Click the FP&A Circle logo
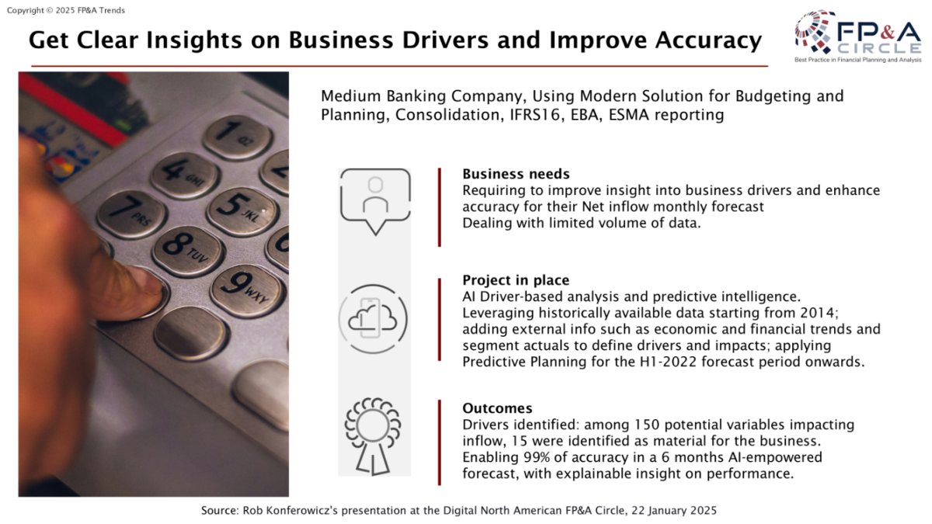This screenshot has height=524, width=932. coord(858,36)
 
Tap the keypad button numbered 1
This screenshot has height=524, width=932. coord(237,137)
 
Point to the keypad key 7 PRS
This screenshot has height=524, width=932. coord(132,213)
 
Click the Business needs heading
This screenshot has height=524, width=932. coord(516,174)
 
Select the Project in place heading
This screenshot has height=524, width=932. coord(516,280)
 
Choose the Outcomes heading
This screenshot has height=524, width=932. coord(497,408)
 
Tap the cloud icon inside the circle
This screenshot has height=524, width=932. coord(373,319)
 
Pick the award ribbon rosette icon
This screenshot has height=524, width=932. coord(372,436)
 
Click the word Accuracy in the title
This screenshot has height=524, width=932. coord(708,40)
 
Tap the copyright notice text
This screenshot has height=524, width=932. coord(66,10)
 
